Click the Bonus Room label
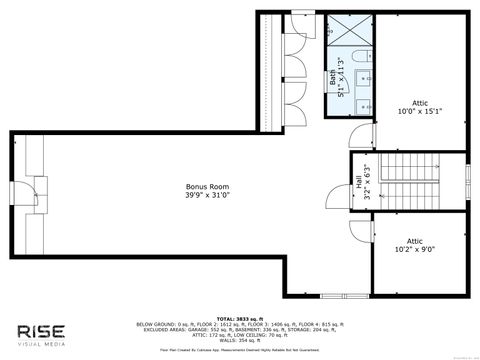(200, 186)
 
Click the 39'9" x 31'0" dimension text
(200, 196)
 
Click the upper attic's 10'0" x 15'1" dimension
(421, 112)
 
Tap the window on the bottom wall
(334, 295)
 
